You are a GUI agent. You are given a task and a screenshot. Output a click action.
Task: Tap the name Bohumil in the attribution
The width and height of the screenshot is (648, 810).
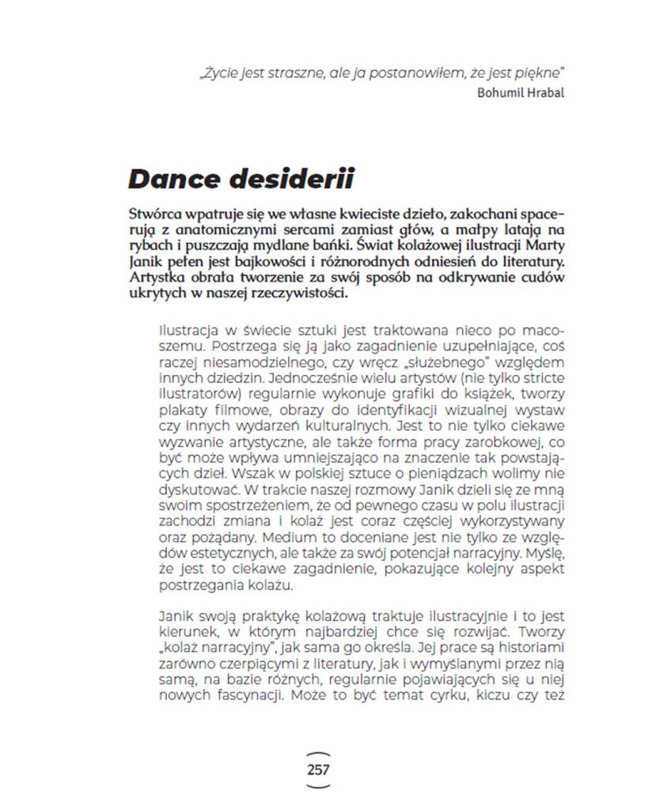(500, 92)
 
